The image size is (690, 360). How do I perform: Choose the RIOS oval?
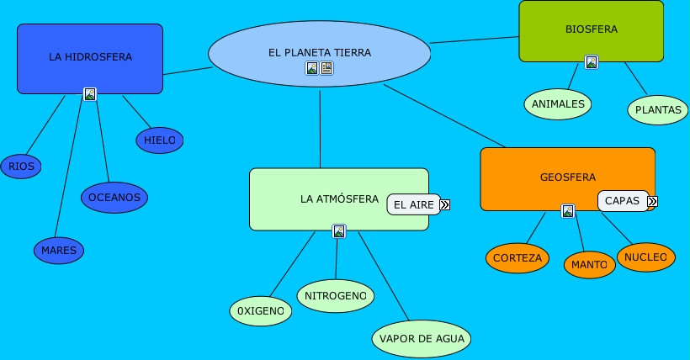pyautogui.click(x=21, y=167)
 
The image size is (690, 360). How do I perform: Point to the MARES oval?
pyautogui.click(x=59, y=250)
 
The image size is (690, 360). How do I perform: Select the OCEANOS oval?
pyautogui.click(x=114, y=197)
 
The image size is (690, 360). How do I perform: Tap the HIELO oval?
pyautogui.click(x=159, y=140)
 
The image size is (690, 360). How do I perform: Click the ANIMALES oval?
pyautogui.click(x=557, y=104)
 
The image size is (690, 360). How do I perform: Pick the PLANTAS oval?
pyautogui.click(x=658, y=109)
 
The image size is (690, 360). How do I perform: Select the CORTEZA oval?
pyautogui.click(x=517, y=257)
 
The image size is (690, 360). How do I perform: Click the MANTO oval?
pyautogui.click(x=589, y=264)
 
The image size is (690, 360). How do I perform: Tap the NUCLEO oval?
pyautogui.click(x=645, y=257)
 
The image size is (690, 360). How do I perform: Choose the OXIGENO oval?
pyautogui.click(x=261, y=311)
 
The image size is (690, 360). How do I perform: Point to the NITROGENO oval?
pyautogui.click(x=335, y=296)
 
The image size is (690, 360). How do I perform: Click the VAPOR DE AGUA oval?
pyautogui.click(x=420, y=338)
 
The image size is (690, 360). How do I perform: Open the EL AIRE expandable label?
pyautogui.click(x=412, y=204)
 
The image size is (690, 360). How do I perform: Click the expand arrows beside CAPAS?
pyautogui.click(x=652, y=201)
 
